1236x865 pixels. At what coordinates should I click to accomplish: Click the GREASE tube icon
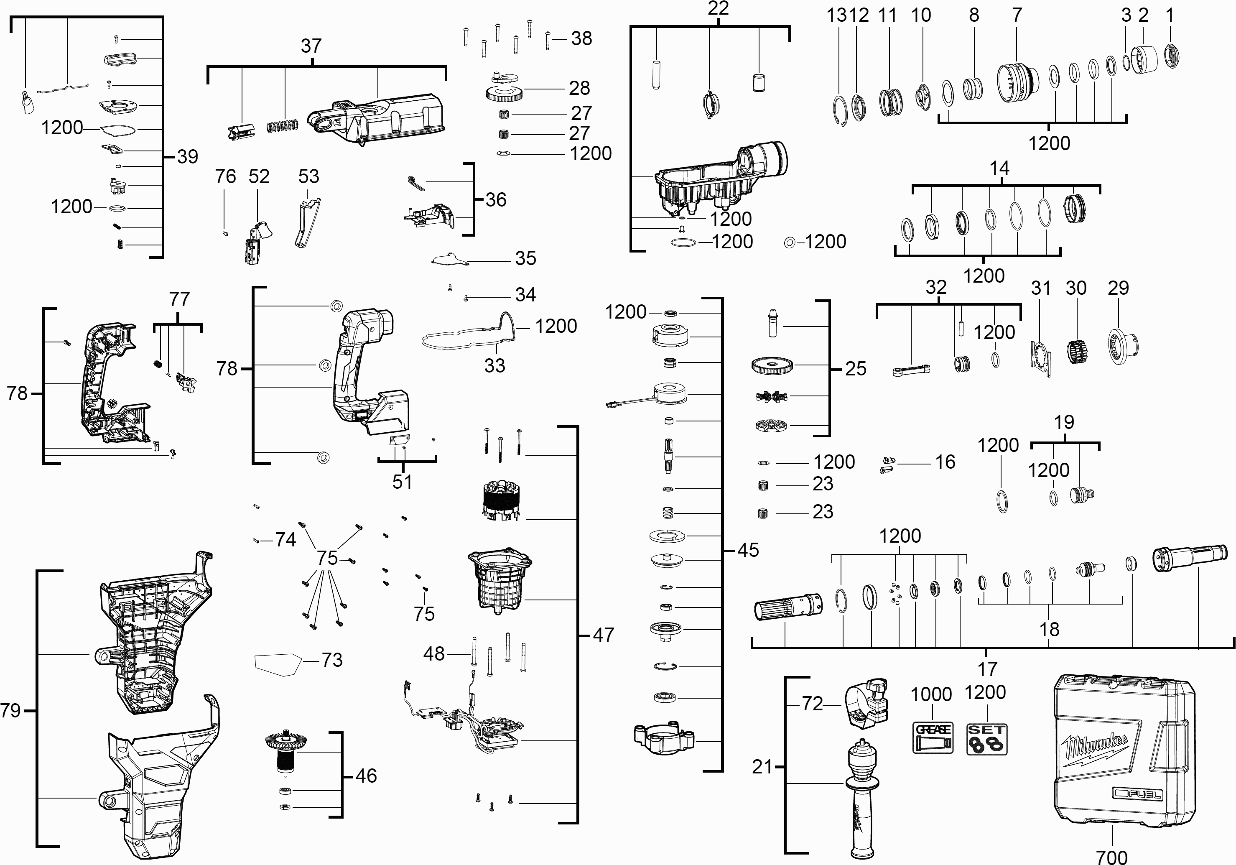[x=933, y=737]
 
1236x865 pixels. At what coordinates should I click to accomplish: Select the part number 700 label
[x=1111, y=856]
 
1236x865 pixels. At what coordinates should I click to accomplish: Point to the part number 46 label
[x=366, y=776]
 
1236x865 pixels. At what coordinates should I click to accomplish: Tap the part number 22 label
[x=718, y=9]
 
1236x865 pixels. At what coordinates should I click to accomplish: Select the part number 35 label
[x=525, y=258]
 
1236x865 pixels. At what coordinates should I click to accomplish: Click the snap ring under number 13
[x=841, y=112]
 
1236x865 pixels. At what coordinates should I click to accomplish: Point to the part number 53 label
[x=308, y=176]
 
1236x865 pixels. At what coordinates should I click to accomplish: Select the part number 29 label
[x=1118, y=288]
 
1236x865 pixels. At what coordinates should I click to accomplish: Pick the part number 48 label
[x=434, y=653]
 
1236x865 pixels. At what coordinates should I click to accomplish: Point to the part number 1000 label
[x=931, y=694]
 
